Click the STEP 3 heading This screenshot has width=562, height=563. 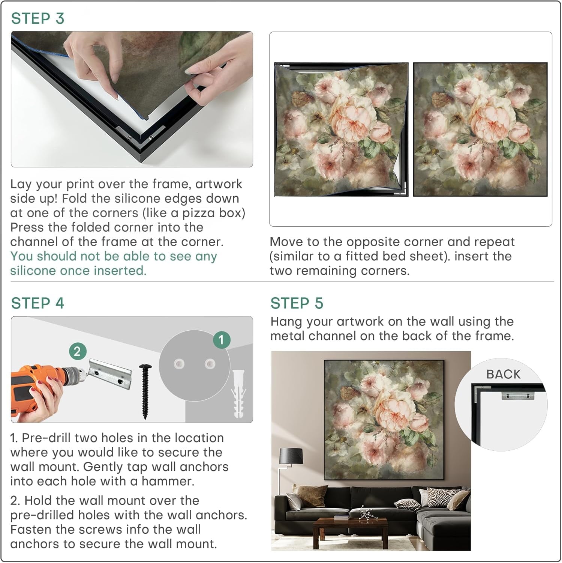[37, 18]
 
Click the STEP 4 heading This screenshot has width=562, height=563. [37, 303]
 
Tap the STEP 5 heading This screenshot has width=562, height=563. [297, 303]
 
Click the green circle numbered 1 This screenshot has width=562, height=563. [221, 340]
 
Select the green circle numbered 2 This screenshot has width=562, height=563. [77, 351]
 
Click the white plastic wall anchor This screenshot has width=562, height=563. [239, 394]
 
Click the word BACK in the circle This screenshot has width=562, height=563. [504, 374]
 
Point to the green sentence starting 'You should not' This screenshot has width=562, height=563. [114, 263]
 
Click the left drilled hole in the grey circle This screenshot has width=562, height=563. [179, 364]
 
